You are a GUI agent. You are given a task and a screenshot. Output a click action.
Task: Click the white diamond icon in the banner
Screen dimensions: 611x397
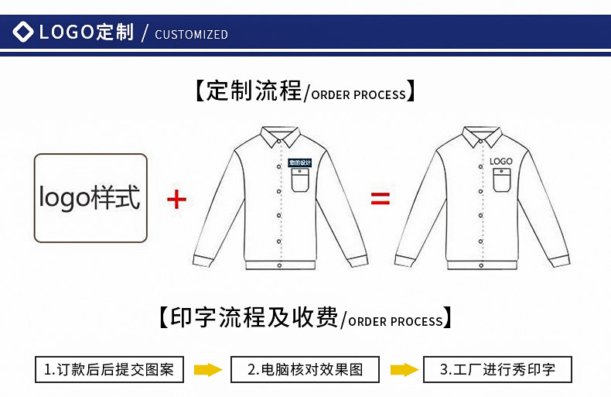(24, 33)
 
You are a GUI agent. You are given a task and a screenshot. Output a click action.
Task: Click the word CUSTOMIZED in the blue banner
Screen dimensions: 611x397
(192, 34)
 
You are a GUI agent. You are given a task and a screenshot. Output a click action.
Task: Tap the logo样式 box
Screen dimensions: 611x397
(90, 198)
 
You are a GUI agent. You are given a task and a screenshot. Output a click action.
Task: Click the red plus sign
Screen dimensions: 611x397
(177, 200)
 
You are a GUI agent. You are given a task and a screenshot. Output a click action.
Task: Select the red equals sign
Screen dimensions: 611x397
(381, 200)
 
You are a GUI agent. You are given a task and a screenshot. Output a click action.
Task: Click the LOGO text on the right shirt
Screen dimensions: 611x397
(500, 161)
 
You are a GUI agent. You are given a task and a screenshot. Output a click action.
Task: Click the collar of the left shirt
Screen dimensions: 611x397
(281, 139)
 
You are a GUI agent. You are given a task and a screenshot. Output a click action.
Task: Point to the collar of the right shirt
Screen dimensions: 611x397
(482, 139)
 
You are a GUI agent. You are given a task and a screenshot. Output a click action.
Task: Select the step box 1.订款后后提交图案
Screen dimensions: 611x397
(109, 369)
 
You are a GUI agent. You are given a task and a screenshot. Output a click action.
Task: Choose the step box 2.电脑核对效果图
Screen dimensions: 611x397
(305, 369)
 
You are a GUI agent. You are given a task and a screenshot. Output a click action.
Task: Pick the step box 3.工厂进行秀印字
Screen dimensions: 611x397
(497, 369)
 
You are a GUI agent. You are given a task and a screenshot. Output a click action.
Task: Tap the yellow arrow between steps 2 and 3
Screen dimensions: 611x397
(401, 369)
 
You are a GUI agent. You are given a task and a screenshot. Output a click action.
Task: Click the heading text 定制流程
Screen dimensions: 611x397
(254, 91)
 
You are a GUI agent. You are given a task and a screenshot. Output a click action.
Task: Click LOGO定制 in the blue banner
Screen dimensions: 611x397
(85, 33)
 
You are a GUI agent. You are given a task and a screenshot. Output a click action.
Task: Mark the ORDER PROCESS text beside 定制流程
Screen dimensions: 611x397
(358, 95)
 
